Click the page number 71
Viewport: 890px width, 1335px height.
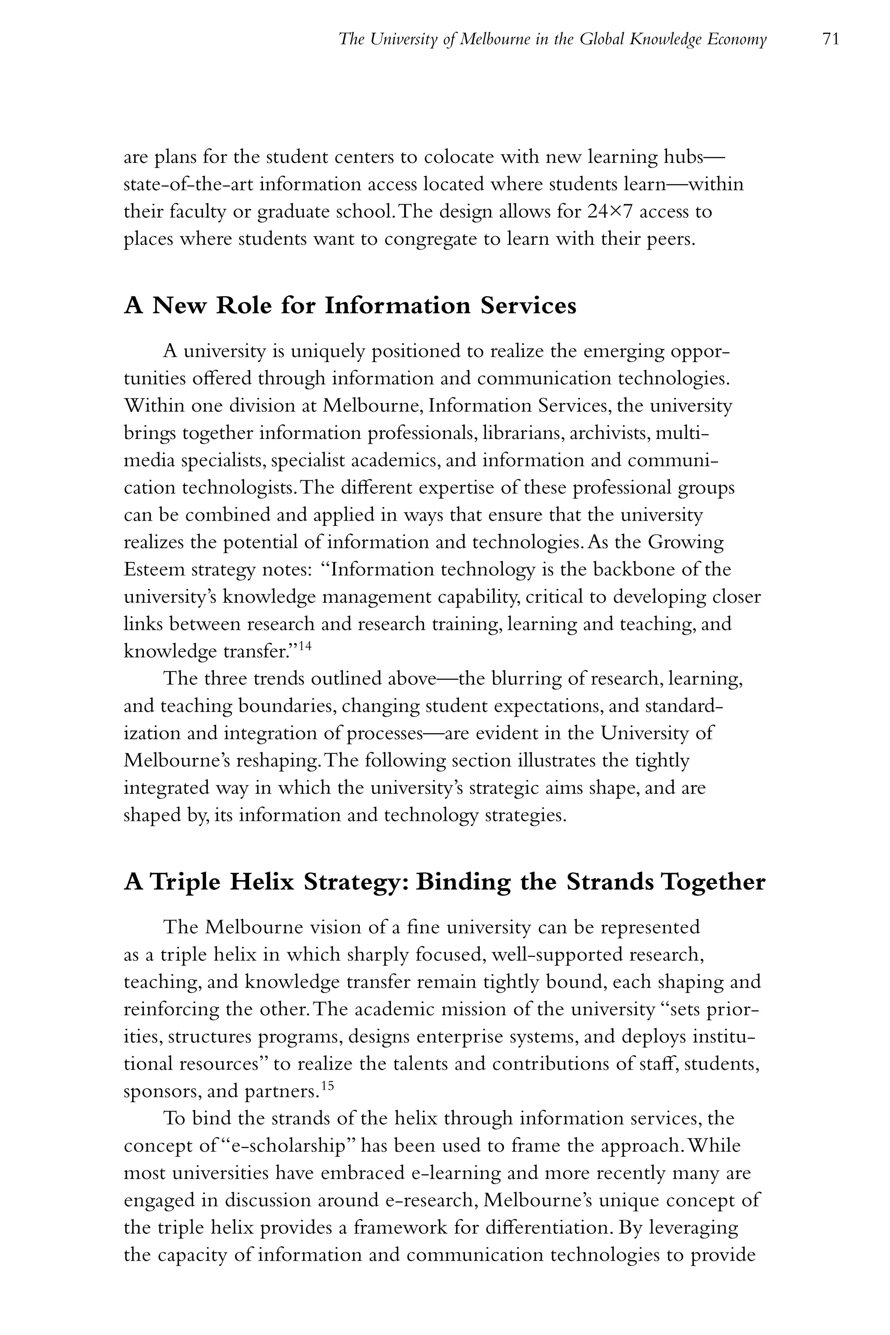pos(830,39)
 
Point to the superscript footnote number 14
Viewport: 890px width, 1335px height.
pos(304,645)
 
